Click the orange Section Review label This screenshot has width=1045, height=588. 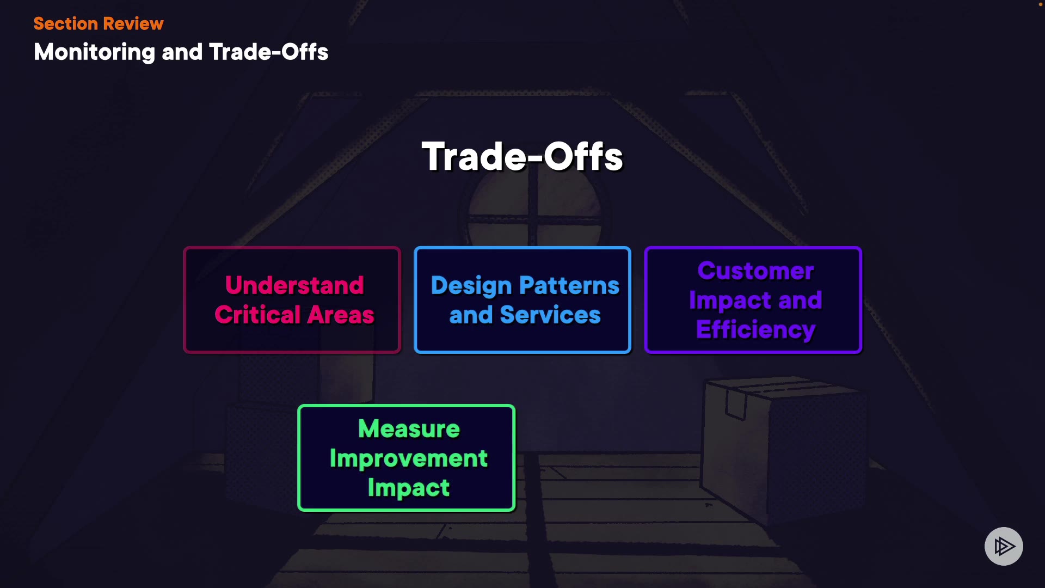[x=99, y=23]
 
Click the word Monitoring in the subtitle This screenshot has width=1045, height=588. [x=95, y=52]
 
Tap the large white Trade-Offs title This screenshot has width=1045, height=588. [x=522, y=157]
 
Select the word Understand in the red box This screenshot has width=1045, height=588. [x=294, y=285]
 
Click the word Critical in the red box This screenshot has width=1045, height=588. [x=257, y=315]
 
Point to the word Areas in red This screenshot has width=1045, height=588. [x=341, y=315]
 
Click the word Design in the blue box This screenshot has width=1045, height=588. [x=471, y=286]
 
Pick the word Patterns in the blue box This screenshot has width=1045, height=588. [x=569, y=285]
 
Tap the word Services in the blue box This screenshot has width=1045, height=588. [x=550, y=315]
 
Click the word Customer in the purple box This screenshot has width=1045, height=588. [x=756, y=271]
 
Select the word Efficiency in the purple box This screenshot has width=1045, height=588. [x=756, y=330]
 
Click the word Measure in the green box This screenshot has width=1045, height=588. [x=409, y=429]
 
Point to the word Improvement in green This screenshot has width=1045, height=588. [x=409, y=458]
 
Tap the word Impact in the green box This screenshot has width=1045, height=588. [x=409, y=488]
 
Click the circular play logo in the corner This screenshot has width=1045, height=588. [x=1004, y=546]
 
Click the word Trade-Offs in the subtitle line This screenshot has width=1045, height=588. [x=269, y=52]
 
